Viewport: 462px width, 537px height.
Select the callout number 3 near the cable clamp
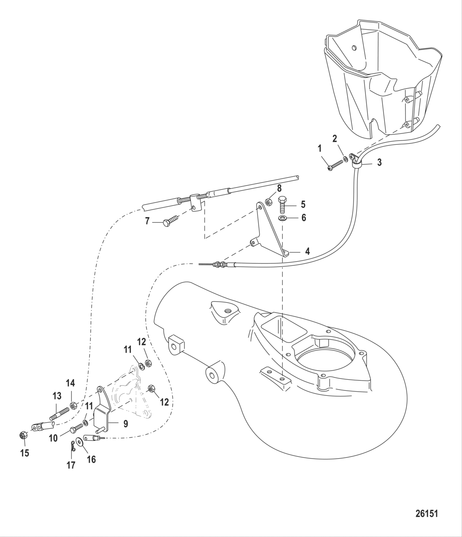coord(379,163)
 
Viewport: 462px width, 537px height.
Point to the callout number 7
coord(147,222)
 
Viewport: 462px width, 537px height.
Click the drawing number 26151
coord(426,514)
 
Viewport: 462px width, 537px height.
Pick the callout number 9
coord(125,423)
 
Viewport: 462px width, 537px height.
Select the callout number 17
coord(71,465)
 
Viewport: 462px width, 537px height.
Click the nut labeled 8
coord(267,202)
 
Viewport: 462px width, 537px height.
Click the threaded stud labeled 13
coord(61,414)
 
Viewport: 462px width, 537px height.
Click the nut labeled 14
coord(73,406)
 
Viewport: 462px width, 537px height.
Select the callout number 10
coord(54,438)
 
